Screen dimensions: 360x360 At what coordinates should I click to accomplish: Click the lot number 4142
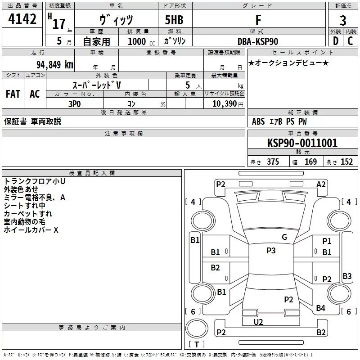(22, 19)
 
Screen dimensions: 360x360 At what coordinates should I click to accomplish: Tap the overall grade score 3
(343, 20)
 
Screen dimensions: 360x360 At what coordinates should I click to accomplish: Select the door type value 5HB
(174, 20)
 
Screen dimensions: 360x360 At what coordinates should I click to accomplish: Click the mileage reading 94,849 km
(55, 65)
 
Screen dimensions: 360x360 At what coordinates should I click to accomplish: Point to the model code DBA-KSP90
(258, 41)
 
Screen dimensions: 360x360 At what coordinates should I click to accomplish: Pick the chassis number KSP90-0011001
(302, 143)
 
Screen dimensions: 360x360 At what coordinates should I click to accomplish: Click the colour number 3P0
(75, 104)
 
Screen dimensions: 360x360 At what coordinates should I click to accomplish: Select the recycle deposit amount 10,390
(224, 104)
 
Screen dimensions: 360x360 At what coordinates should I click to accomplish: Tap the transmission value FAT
(13, 94)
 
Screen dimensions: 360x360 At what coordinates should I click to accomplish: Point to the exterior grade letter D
(336, 41)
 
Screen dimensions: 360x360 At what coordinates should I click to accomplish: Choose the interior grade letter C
(350, 41)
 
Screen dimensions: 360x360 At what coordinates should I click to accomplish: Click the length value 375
(273, 162)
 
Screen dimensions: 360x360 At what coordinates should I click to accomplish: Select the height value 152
(346, 162)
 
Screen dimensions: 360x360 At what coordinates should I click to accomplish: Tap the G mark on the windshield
(284, 237)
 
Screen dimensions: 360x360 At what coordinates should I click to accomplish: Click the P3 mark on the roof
(271, 251)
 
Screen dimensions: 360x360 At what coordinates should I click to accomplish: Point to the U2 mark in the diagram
(258, 322)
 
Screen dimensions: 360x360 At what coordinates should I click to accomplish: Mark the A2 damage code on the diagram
(321, 184)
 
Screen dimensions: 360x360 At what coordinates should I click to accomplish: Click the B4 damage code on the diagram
(320, 308)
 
